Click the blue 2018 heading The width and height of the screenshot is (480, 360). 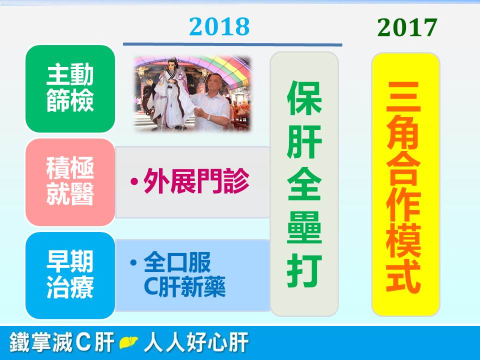(x=219, y=26)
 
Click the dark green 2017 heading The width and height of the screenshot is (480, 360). (x=407, y=27)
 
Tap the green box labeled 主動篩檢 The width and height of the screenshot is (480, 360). (x=70, y=89)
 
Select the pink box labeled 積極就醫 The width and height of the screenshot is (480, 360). (x=70, y=182)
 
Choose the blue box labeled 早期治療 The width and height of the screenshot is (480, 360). (x=70, y=275)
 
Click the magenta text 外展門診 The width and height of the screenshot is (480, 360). (x=196, y=181)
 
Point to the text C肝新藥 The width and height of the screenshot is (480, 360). (x=184, y=286)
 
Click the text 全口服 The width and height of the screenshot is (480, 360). (x=177, y=262)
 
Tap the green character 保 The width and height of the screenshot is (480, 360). (x=304, y=98)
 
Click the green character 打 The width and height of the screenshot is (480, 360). (x=304, y=270)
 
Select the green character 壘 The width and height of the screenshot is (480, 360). (x=304, y=227)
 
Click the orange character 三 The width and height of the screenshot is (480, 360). (x=403, y=96)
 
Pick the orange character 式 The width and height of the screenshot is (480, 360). (x=403, y=275)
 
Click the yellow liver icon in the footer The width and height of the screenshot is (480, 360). (x=128, y=342)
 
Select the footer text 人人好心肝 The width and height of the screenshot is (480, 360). (x=196, y=342)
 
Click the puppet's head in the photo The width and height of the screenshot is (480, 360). (x=172, y=65)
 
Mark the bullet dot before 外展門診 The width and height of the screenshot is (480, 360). (x=134, y=181)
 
